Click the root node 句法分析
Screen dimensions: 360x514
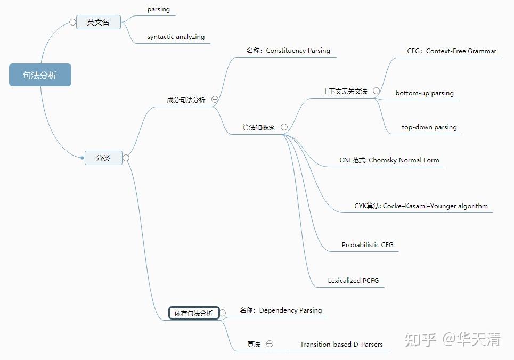pyautogui.click(x=40, y=75)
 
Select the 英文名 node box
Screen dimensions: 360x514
pyautogui.click(x=98, y=22)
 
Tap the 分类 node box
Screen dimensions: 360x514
pyautogui.click(x=103, y=158)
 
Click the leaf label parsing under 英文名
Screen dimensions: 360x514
pyautogui.click(x=158, y=9)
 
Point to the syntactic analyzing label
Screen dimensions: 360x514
pyautogui.click(x=176, y=37)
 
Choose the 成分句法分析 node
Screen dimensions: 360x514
pyautogui.click(x=186, y=100)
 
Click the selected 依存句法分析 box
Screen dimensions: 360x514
pyautogui.click(x=193, y=313)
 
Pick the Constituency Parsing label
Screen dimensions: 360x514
pyautogui.click(x=288, y=51)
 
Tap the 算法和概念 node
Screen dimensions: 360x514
pyautogui.click(x=258, y=128)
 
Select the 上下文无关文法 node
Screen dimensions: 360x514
pyautogui.click(x=345, y=92)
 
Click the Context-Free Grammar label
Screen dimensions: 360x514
pyautogui.click(x=452, y=51)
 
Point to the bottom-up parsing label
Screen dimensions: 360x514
pyautogui.click(x=425, y=93)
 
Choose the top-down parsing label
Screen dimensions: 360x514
pyautogui.click(x=429, y=127)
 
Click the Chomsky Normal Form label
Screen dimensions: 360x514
pyautogui.click(x=389, y=160)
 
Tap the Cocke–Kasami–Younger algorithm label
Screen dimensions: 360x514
pyautogui.click(x=421, y=206)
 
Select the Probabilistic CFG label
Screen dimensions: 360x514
pyautogui.click(x=368, y=245)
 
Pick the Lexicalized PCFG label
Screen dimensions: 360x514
pyautogui.click(x=353, y=281)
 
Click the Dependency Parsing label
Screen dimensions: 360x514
pyautogui.click(x=281, y=310)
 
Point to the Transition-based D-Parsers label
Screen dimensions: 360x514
pyautogui.click(x=341, y=345)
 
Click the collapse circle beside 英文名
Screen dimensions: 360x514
pyautogui.click(x=72, y=22)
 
